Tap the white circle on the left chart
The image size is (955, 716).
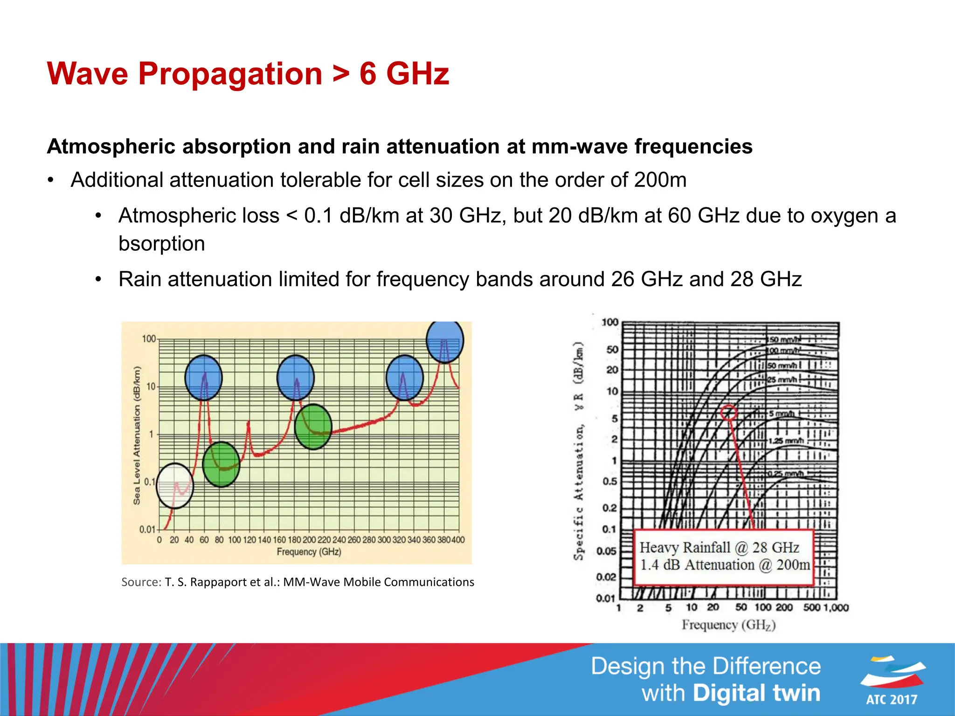pyautogui.click(x=175, y=486)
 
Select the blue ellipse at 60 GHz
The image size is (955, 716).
pyautogui.click(x=203, y=378)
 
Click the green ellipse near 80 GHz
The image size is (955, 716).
pyautogui.click(x=221, y=464)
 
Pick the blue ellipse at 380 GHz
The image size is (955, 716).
pyautogui.click(x=445, y=341)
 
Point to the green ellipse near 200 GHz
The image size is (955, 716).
pyautogui.click(x=313, y=427)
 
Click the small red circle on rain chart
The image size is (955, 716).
pyautogui.click(x=729, y=413)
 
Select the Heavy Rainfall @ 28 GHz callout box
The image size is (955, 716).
pyautogui.click(x=724, y=557)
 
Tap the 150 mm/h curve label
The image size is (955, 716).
pyautogui.click(x=783, y=340)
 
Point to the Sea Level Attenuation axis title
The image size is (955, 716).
pyautogui.click(x=137, y=435)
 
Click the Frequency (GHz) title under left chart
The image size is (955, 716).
pyautogui.click(x=309, y=552)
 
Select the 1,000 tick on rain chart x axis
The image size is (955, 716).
pyautogui.click(x=836, y=607)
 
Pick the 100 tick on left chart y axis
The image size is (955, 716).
pyautogui.click(x=149, y=339)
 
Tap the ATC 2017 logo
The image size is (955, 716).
pyautogui.click(x=892, y=681)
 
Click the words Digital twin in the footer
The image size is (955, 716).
pyautogui.click(x=756, y=693)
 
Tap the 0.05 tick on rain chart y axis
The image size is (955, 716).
pyautogui.click(x=606, y=551)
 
